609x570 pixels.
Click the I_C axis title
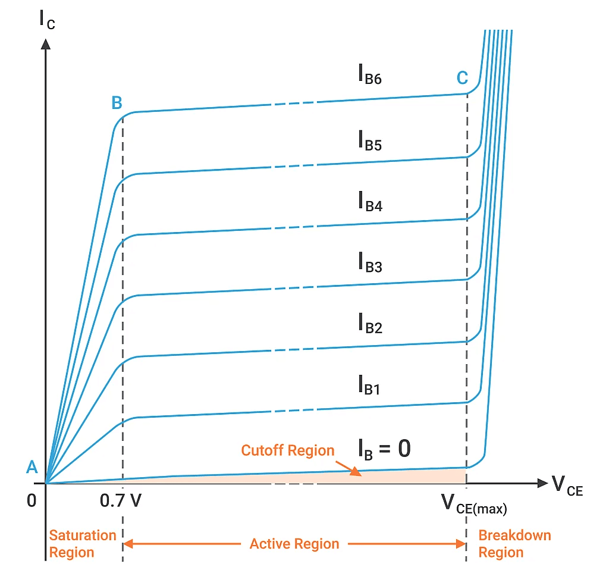coord(46,18)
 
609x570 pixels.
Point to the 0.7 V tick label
coord(121,502)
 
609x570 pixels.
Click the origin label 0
coord(32,501)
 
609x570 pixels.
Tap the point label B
coord(117,103)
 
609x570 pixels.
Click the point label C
coord(462,78)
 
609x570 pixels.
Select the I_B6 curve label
coord(369,78)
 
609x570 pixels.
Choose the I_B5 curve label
coord(369,140)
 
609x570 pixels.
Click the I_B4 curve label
coord(369,202)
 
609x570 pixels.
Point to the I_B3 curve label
coord(369,262)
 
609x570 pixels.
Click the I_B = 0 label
coord(384,449)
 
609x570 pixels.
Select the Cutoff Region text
coord(288,450)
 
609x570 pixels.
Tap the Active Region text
coord(294,544)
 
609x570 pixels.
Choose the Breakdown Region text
coord(514,544)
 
